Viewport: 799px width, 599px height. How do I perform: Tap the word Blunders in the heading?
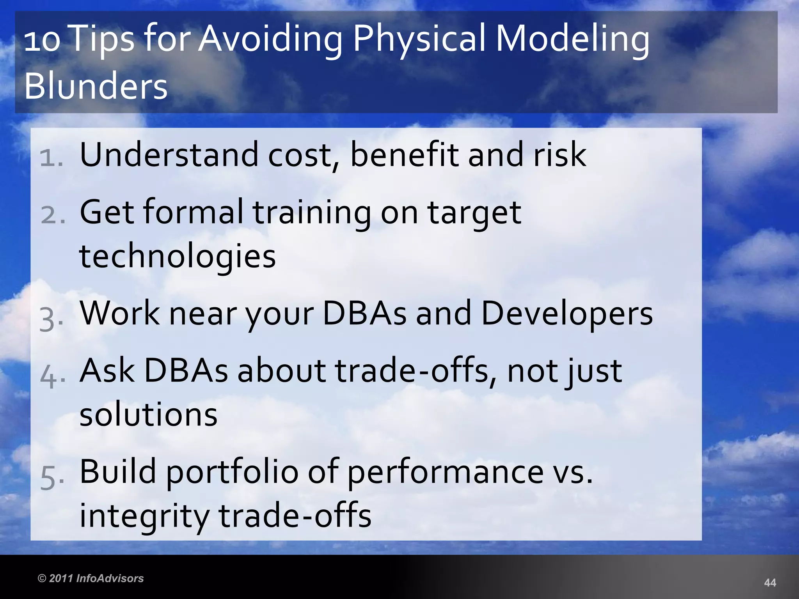click(x=96, y=87)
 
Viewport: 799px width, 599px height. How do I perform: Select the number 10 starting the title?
click(x=42, y=41)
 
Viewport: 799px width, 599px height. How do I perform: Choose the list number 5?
click(x=51, y=478)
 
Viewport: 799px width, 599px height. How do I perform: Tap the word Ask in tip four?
click(x=107, y=370)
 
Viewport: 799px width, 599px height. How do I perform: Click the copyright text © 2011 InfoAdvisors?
click(x=91, y=578)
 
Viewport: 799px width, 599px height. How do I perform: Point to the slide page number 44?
click(x=770, y=583)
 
